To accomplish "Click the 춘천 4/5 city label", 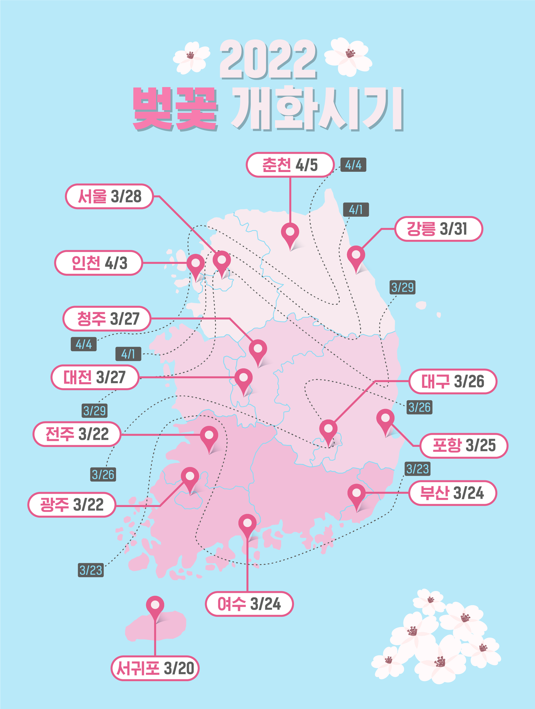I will coord(290,165).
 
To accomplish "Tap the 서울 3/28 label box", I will coord(109,196).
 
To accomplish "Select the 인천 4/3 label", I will coord(99,263).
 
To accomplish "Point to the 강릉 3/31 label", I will coord(438,229).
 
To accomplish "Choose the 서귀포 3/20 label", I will coord(155,668).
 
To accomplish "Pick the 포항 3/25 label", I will coord(464,446).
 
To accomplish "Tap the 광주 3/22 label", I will coord(72,505).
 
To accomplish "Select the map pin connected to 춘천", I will coord(290,233).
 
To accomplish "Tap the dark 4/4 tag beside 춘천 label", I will coord(353,165).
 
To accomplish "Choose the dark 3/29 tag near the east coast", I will coord(403,287).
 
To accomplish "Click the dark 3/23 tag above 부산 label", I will coord(417,469).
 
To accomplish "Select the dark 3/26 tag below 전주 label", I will coord(103,474).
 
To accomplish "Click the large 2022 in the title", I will coord(268,60).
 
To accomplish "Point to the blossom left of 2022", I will coord(191,57).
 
